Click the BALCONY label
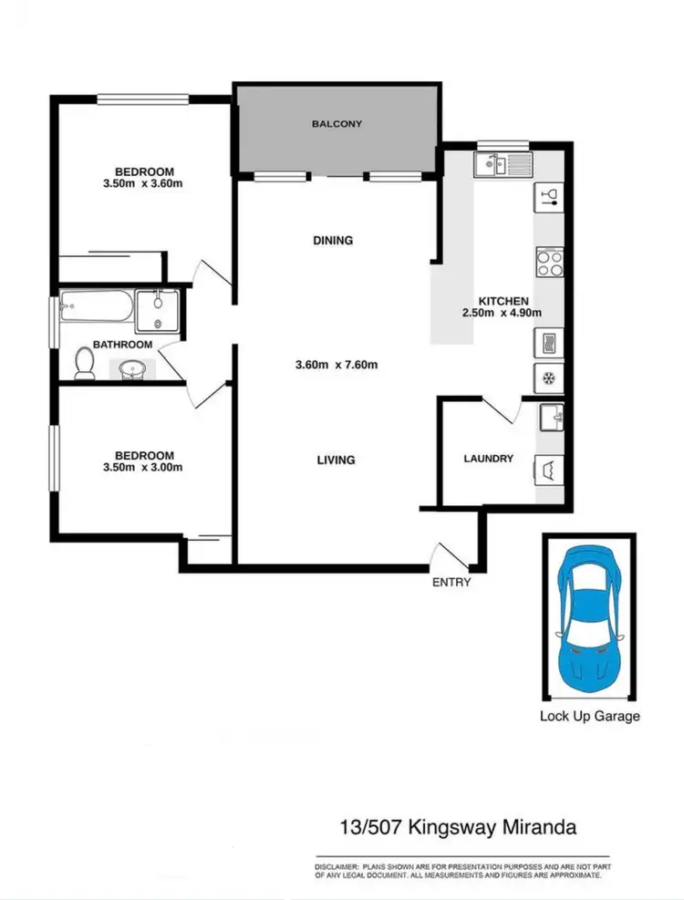tap(337, 124)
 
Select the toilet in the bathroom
tap(84, 363)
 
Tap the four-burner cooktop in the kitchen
tap(549, 264)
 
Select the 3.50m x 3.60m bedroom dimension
tap(143, 184)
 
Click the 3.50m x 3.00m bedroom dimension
tap(143, 468)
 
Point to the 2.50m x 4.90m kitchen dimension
tap(503, 313)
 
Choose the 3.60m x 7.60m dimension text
tap(337, 366)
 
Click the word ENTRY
tap(452, 583)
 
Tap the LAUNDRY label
tap(488, 460)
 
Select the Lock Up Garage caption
tap(590, 716)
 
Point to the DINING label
tap(332, 241)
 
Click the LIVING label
tap(335, 460)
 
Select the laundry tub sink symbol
tap(551, 417)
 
